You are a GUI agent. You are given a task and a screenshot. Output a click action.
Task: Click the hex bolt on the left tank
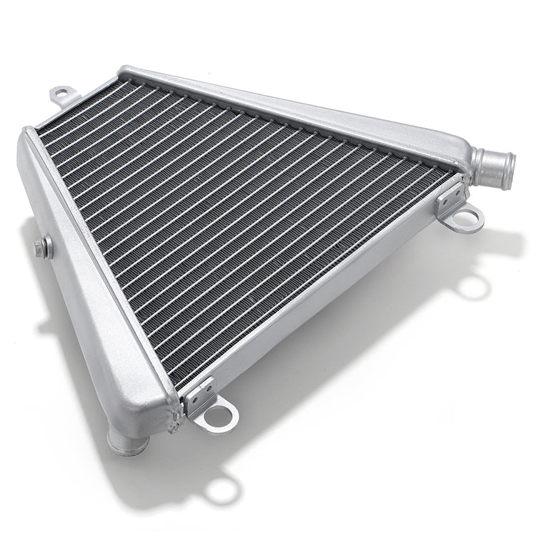39,249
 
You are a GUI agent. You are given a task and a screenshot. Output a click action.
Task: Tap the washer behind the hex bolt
46,247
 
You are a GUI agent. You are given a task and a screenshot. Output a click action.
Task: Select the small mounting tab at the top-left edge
63,94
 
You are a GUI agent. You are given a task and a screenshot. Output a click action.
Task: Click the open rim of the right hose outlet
507,171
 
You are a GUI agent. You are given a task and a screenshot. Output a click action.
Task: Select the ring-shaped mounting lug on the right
463,217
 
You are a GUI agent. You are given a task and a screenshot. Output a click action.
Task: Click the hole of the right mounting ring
465,219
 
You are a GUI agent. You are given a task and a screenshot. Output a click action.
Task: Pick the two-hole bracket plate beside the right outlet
450,196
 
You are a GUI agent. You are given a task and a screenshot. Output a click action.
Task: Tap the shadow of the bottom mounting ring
222,490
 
